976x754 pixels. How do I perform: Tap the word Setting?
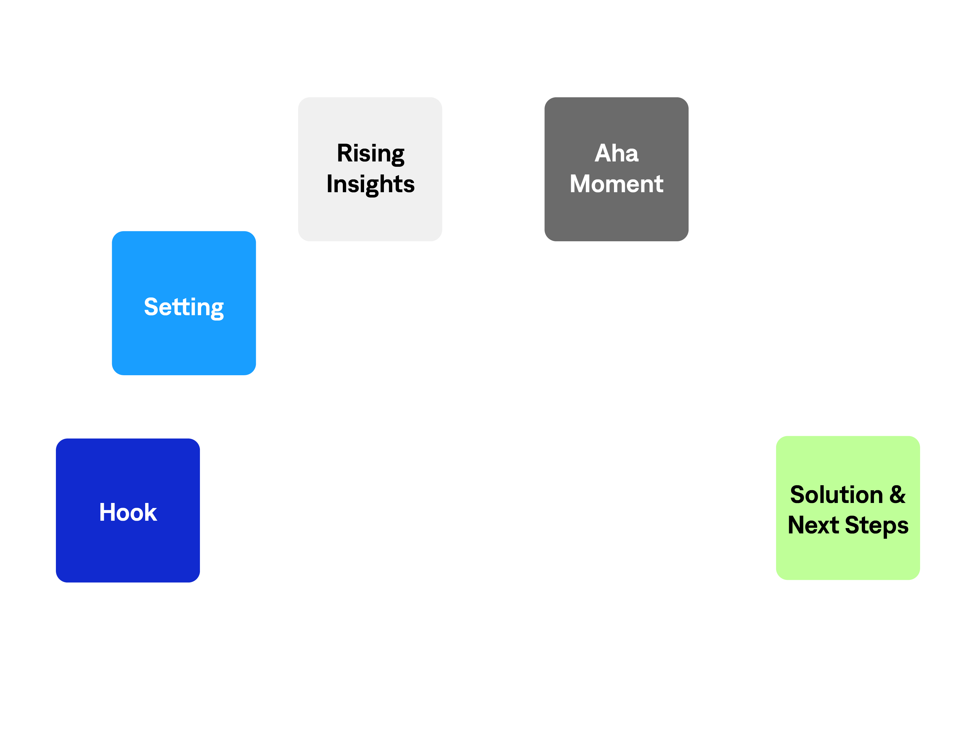(x=184, y=307)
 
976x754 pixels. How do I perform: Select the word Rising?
(x=371, y=153)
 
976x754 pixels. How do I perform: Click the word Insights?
(x=371, y=184)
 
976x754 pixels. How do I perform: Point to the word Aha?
(x=616, y=153)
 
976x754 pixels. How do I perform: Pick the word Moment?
(x=616, y=184)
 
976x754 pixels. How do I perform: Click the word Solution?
(x=836, y=495)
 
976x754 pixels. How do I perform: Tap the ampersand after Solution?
(x=897, y=495)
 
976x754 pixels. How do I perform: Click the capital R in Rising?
(x=345, y=153)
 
